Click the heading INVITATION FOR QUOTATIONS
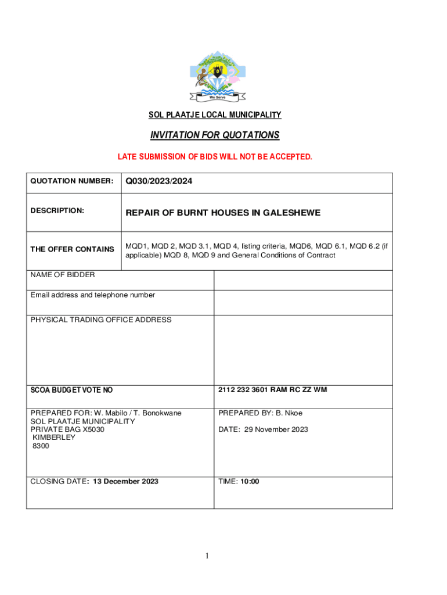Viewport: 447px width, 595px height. (215, 135)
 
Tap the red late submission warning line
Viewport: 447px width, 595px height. (215, 157)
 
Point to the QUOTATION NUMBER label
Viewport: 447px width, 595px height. (71, 181)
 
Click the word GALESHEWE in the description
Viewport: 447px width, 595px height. (291, 213)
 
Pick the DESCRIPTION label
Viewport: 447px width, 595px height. (57, 210)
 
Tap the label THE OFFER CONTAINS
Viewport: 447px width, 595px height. (72, 249)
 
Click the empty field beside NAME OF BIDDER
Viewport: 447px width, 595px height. (303, 280)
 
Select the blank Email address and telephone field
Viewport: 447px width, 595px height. (303, 302)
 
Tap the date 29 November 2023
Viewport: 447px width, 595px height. (280, 429)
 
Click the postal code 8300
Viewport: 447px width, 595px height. (41, 446)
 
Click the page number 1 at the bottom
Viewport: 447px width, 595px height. (207, 557)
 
